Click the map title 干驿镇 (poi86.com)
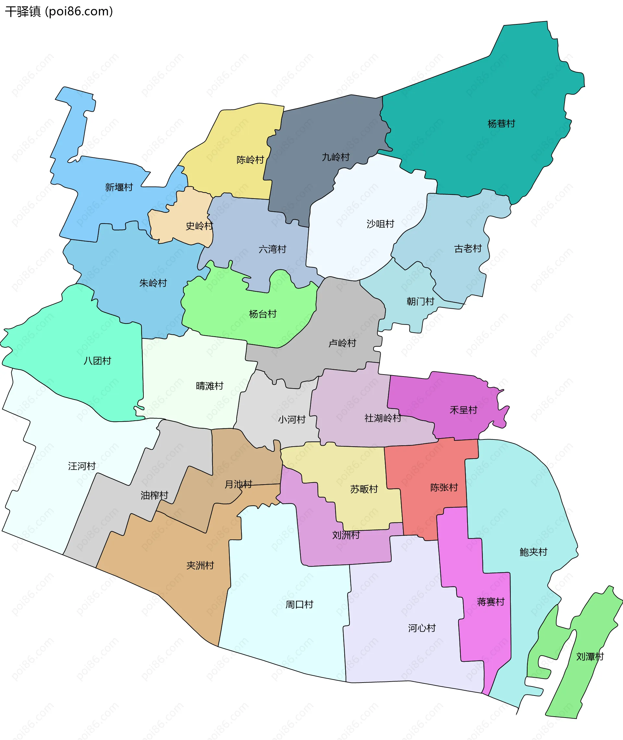coord(59,12)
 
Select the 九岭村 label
coord(336,157)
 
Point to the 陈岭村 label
coord(250,160)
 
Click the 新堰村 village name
coord(119,187)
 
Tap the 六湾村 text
coord(272,249)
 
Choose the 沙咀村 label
coord(380,224)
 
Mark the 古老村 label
coord(468,249)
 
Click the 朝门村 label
coord(420,301)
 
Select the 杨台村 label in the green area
coord(263,314)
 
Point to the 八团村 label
coord(97,361)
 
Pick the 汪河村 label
coord(82,466)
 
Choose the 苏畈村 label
coord(364,489)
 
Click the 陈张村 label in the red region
coord(444,487)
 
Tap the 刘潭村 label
coord(590,657)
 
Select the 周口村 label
coord(299,604)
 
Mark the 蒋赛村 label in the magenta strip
coord(491,601)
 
